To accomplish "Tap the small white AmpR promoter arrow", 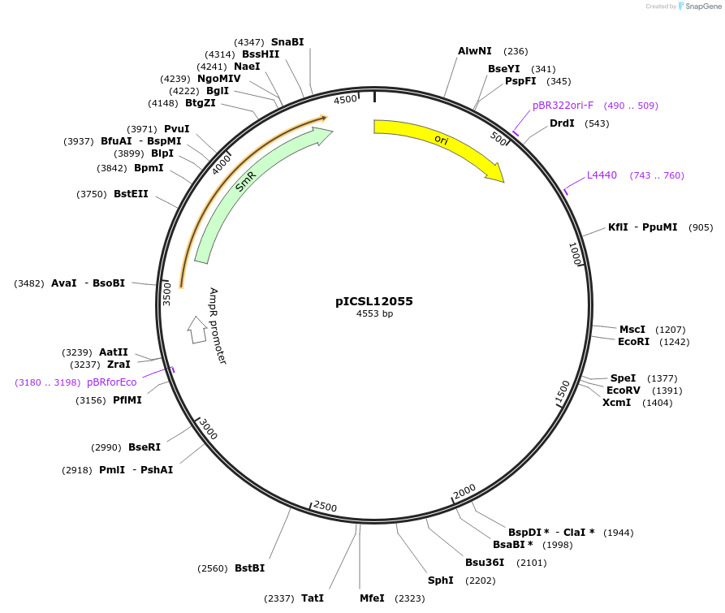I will (x=196, y=329).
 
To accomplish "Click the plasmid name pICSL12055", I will (x=374, y=301).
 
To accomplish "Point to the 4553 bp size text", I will (x=374, y=314).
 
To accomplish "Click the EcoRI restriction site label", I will (x=633, y=342).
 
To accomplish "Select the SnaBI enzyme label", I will (x=287, y=41).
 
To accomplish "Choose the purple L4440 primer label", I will (x=602, y=175).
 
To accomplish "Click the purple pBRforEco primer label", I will (x=112, y=382).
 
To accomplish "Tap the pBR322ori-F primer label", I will (x=563, y=106).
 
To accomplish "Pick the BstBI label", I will (x=249, y=568).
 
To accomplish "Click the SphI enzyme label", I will (x=441, y=581).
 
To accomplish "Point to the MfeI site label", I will (x=372, y=598).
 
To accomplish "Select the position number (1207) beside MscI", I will (x=671, y=330).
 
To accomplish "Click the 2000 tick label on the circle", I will (x=464, y=492).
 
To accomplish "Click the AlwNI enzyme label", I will (x=475, y=51).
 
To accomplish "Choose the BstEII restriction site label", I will (x=131, y=194).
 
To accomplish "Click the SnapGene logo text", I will (x=702, y=6).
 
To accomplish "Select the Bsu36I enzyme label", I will (x=485, y=562).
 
